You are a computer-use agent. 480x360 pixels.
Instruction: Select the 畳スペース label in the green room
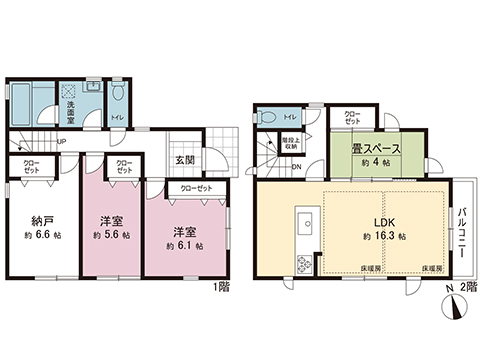[x=375, y=150]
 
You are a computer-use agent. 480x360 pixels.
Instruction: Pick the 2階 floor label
[x=465, y=289]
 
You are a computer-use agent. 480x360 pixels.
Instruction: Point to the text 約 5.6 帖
[x=111, y=236]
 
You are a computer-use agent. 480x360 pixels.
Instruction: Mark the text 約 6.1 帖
[x=187, y=244]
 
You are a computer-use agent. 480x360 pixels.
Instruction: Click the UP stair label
[x=62, y=141]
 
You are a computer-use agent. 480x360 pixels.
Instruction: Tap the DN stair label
[x=283, y=166]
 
